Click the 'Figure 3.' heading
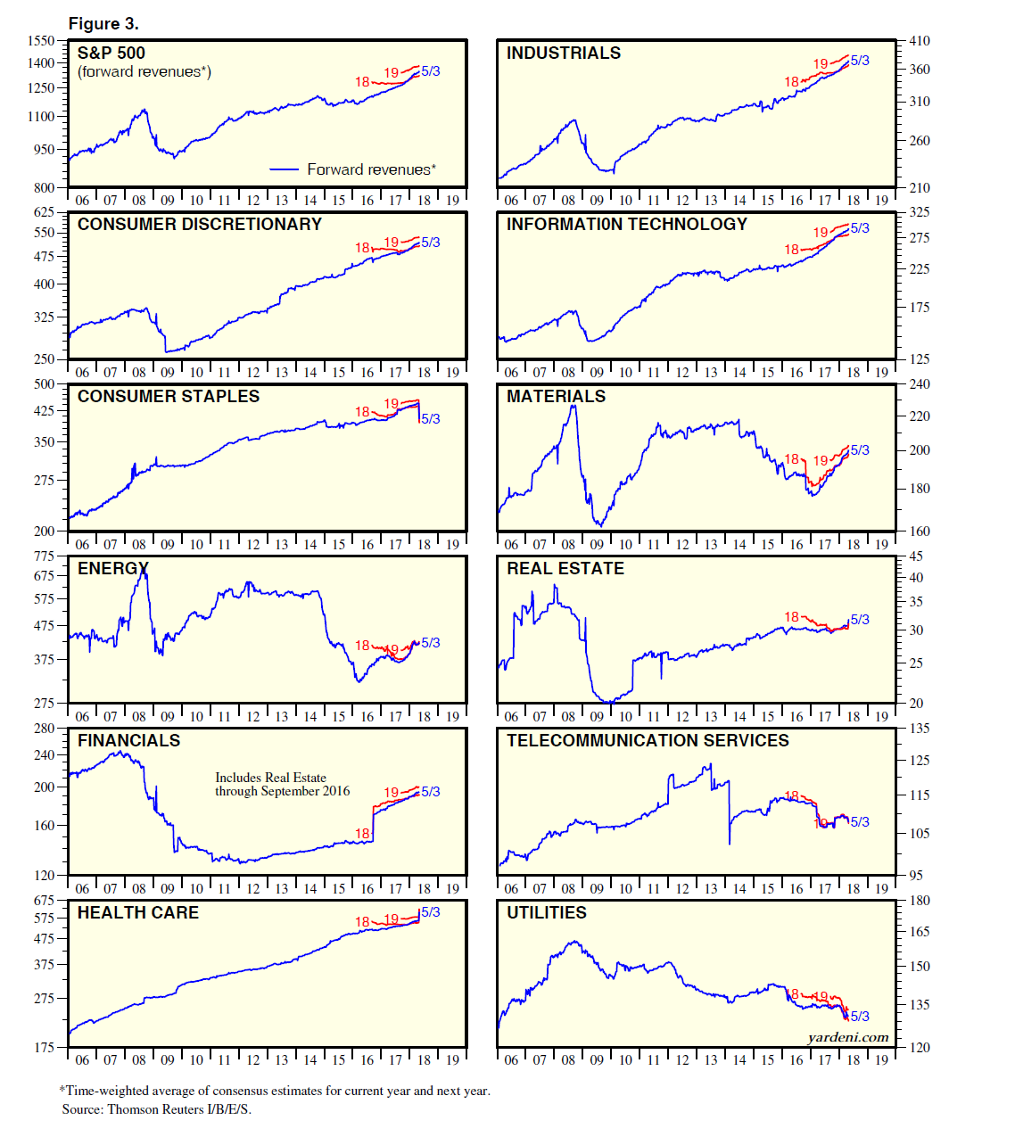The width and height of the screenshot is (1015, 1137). click(x=103, y=24)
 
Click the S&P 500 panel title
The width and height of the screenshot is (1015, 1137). click(x=111, y=54)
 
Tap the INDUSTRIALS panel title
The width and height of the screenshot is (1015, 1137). click(x=564, y=54)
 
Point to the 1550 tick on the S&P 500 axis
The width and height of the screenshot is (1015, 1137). click(x=41, y=40)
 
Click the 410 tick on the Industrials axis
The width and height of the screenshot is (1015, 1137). click(x=919, y=41)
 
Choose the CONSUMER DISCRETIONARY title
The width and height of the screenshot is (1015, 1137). click(x=200, y=225)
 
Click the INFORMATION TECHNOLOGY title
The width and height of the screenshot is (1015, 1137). click(x=627, y=225)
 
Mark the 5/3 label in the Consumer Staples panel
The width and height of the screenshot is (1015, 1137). click(x=431, y=419)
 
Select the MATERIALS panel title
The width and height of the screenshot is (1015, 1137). click(x=556, y=397)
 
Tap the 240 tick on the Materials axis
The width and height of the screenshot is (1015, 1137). click(x=919, y=384)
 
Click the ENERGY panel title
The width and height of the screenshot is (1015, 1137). click(x=113, y=569)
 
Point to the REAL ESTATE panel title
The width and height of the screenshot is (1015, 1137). click(x=565, y=569)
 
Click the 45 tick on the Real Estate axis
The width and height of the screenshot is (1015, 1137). click(x=916, y=556)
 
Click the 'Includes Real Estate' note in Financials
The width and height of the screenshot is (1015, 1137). click(x=271, y=778)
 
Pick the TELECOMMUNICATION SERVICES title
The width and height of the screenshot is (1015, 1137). click(x=648, y=741)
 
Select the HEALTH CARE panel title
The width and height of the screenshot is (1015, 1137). click(x=138, y=913)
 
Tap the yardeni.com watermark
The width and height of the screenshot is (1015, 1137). click(x=848, y=1037)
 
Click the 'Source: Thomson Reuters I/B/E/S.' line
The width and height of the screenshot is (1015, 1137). click(x=157, y=1109)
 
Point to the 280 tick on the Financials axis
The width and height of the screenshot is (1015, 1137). click(x=45, y=729)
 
